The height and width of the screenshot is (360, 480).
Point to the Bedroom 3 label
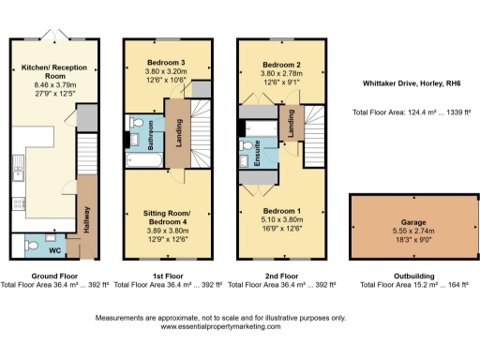165,62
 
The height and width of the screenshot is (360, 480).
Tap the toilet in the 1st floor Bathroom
137,124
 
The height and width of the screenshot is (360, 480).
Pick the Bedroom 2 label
280,62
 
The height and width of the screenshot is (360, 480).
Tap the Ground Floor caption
54,277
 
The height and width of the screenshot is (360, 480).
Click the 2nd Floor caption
281,277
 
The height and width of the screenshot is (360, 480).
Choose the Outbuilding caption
403,277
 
